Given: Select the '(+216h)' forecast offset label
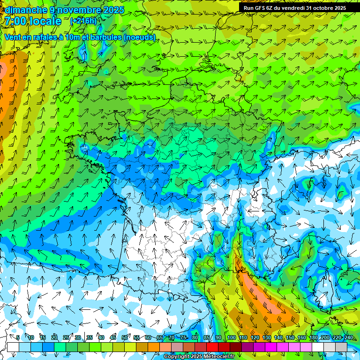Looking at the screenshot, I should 83,21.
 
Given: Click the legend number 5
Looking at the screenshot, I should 18,337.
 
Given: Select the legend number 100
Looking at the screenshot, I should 232,337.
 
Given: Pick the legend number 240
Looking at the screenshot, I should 349,337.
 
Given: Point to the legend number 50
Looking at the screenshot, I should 125,337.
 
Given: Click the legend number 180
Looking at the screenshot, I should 313,337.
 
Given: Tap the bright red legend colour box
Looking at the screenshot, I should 212,347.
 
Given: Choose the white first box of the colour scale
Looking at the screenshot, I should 13,347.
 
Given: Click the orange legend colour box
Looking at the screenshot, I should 154,347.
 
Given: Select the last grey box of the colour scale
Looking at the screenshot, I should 341,347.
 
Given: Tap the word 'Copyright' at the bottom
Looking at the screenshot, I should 177,357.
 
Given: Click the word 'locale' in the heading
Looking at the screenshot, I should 45,21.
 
